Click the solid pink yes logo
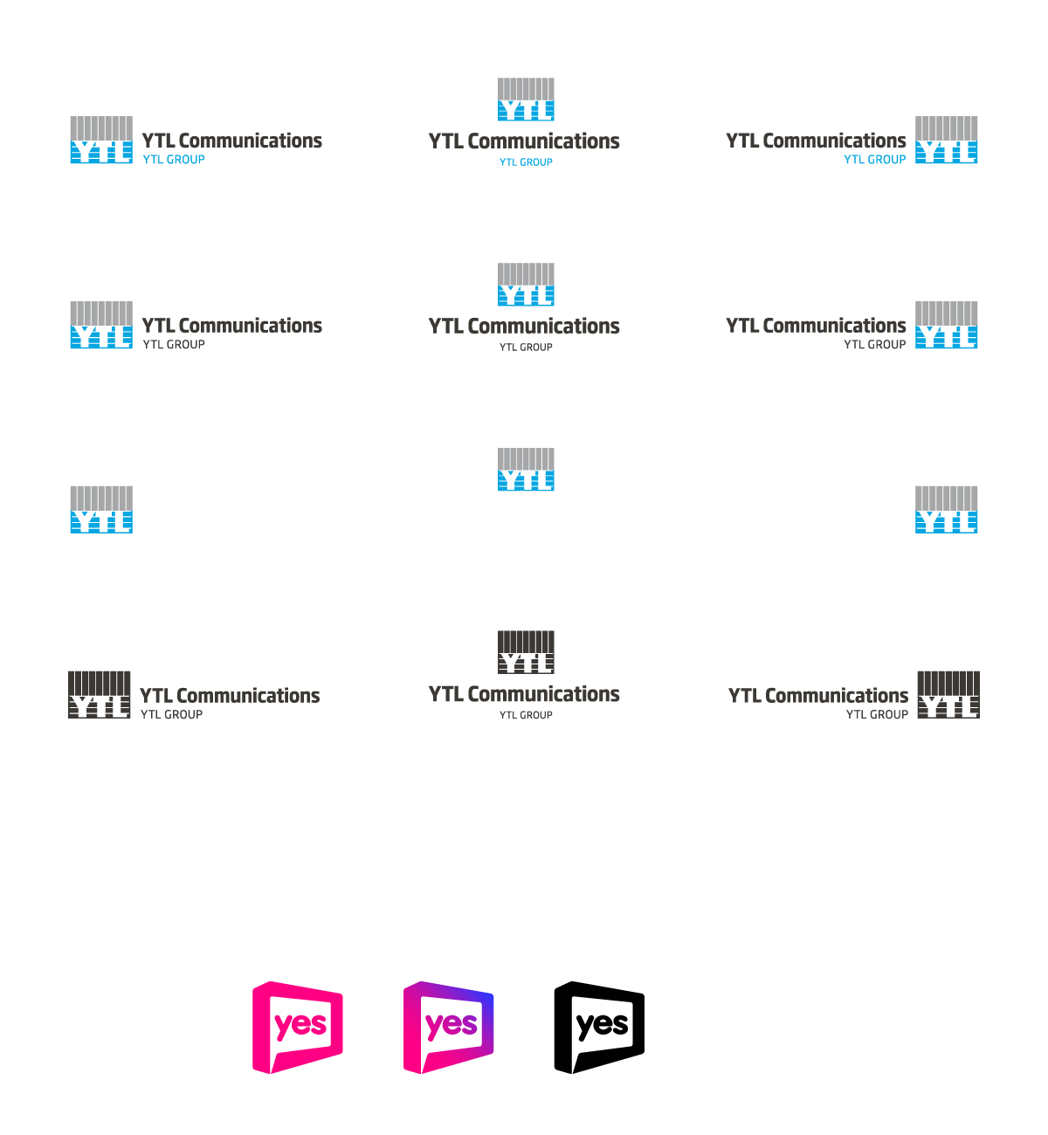coord(298,1027)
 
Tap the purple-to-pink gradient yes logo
coord(449,1027)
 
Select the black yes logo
coord(599,1027)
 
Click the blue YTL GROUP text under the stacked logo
coord(526,162)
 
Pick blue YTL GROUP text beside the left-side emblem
coord(174,160)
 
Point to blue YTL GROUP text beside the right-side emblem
coord(874,160)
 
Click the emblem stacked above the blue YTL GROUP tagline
coord(526,100)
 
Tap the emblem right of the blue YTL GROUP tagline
coord(946,140)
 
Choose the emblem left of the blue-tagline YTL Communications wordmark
coord(101,140)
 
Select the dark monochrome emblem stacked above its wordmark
coord(526,652)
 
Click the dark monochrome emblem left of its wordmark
coord(100,695)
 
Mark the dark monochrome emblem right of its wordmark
coord(948,695)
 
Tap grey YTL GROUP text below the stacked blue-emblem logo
coord(526,347)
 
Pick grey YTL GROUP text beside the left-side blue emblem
coord(174,345)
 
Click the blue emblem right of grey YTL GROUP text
coord(946,325)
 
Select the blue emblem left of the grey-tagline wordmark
coord(101,325)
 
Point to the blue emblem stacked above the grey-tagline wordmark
coord(526,285)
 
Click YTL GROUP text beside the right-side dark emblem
coord(877,714)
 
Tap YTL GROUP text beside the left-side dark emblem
coord(172,714)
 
